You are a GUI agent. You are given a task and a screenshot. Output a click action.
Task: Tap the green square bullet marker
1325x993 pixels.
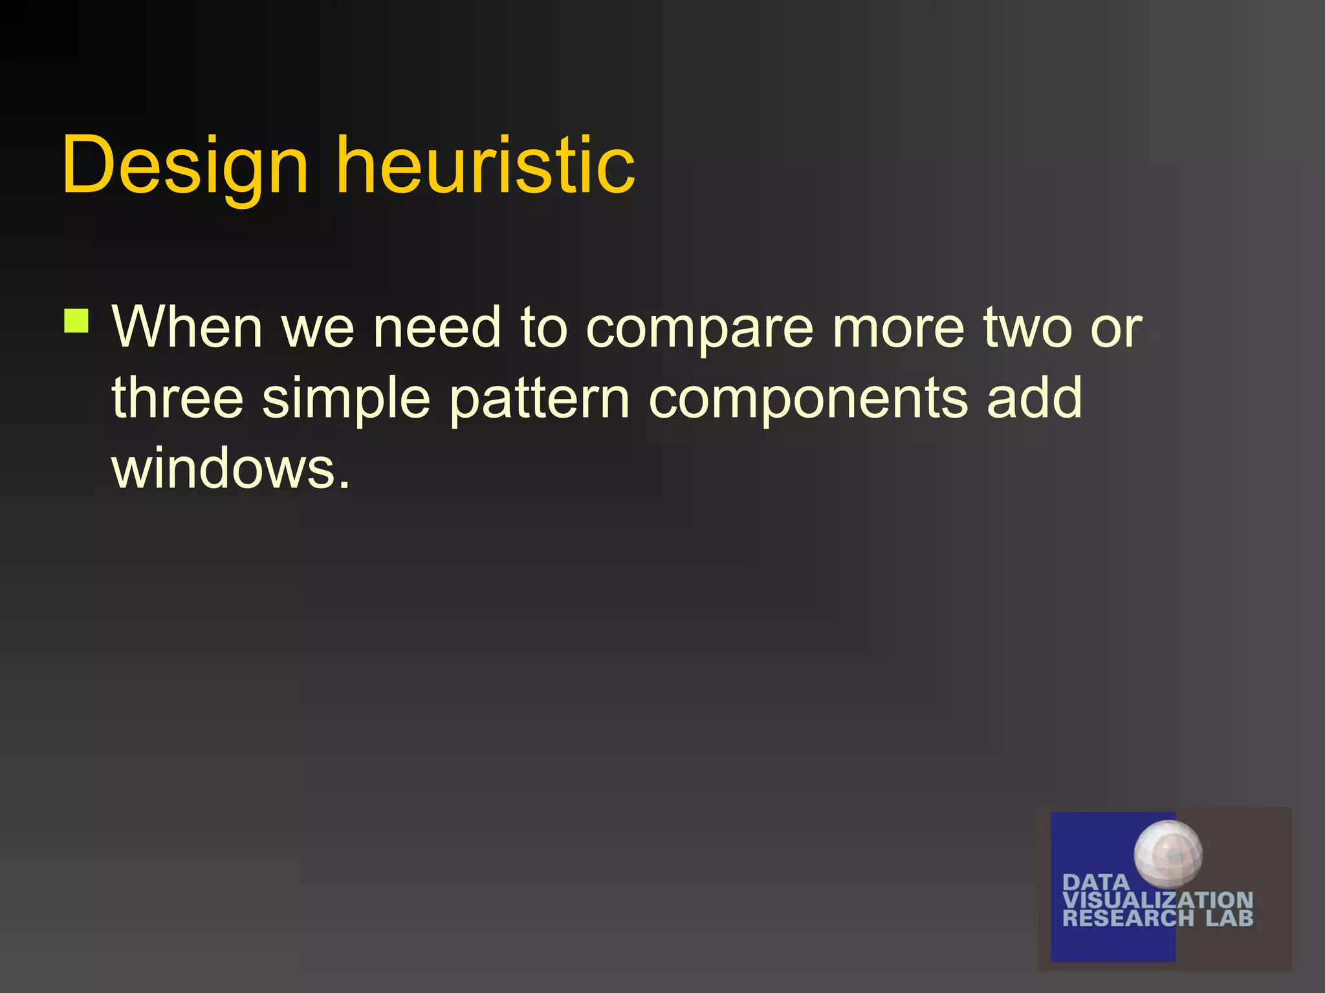click(x=76, y=321)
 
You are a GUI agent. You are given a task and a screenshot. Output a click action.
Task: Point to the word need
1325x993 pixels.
click(x=437, y=327)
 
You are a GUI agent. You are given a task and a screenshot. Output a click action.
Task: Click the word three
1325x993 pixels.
click(x=178, y=398)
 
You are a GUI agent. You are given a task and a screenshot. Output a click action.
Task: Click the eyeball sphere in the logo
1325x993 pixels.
click(x=1168, y=853)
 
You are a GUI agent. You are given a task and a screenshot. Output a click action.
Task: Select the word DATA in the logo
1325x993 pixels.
click(x=1095, y=882)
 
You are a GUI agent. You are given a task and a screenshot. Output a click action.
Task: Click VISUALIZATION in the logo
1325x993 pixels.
click(x=1157, y=900)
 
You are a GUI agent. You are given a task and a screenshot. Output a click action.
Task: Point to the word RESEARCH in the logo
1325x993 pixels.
click(x=1128, y=918)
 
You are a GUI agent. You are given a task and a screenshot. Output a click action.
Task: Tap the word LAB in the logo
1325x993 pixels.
click(x=1229, y=918)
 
